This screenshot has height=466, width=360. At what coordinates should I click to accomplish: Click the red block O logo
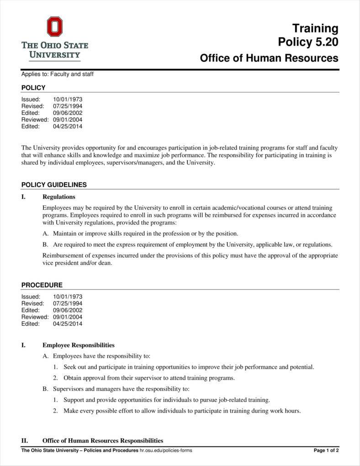54,27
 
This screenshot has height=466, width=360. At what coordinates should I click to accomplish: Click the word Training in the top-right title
315,28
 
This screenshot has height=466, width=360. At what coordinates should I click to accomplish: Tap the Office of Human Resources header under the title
269,58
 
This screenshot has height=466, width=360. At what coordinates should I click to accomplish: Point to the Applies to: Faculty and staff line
57,74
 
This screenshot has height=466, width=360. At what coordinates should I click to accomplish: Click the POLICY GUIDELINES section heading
54,185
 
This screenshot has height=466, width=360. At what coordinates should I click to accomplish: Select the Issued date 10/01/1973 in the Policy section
68,99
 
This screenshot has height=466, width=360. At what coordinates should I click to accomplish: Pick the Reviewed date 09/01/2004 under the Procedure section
68,317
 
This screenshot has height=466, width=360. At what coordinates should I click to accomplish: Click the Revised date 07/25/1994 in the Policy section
68,106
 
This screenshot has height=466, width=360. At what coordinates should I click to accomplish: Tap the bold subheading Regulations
59,197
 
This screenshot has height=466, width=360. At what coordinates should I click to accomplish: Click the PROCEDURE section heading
42,285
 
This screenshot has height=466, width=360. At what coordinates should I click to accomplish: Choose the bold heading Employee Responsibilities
79,345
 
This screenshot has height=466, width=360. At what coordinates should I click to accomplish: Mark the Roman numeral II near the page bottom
25,441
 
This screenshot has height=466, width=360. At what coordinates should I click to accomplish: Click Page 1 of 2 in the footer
326,450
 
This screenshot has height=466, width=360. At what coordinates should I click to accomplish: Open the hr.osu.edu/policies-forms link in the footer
166,450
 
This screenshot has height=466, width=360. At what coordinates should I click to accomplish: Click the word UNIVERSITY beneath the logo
54,55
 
